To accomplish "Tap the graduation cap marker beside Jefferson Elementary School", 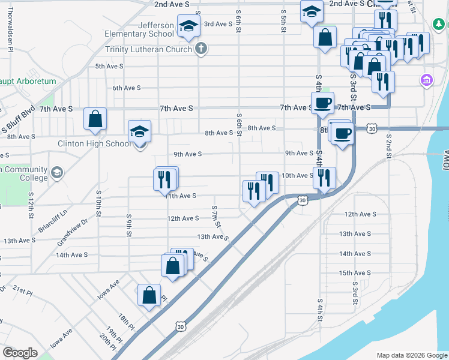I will coord(188,26).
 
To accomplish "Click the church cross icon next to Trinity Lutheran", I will coord(201,49).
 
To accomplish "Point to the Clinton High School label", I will coord(93,144).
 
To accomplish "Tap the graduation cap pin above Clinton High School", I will coord(140,131).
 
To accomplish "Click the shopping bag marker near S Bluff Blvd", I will coord(95,119).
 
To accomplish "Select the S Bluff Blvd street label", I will coord(17,121).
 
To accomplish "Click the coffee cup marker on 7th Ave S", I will coord(322,103).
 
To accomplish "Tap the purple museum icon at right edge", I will coord(427,80).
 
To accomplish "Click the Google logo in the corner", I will coord(20,353).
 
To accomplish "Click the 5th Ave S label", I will coord(109,66).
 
